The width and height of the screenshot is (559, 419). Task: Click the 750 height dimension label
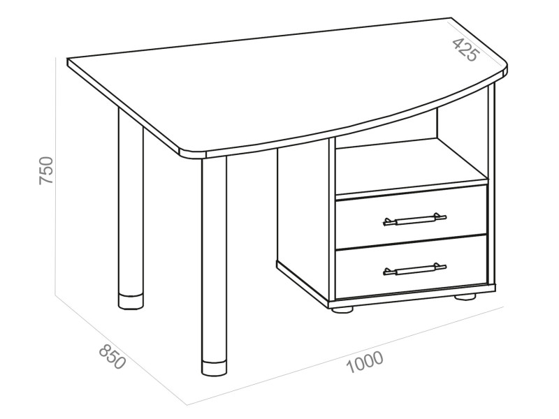click(x=46, y=170)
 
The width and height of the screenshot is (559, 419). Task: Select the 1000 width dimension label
click(x=365, y=362)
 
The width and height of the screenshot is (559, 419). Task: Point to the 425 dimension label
click(x=465, y=49)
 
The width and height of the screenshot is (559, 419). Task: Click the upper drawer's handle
click(x=414, y=219)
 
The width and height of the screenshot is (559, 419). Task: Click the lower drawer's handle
click(x=414, y=270)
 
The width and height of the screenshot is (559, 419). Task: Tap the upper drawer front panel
click(x=412, y=216)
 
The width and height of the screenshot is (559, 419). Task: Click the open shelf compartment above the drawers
click(x=410, y=164)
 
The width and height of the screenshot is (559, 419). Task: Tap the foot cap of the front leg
click(x=214, y=369)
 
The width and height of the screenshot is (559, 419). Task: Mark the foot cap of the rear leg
click(x=131, y=302)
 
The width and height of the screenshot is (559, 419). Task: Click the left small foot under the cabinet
click(x=342, y=309)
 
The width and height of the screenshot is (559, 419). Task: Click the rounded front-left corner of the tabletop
click(x=193, y=153)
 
